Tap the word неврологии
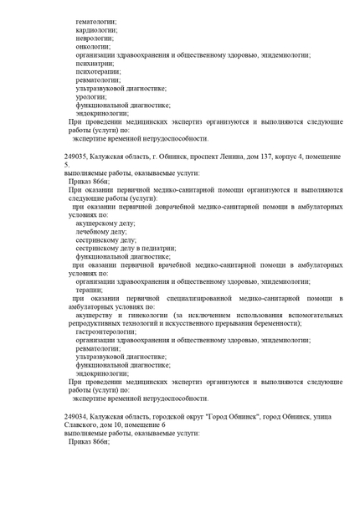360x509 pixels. point(95,38)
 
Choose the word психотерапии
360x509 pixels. point(97,74)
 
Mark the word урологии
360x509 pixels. point(90,96)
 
